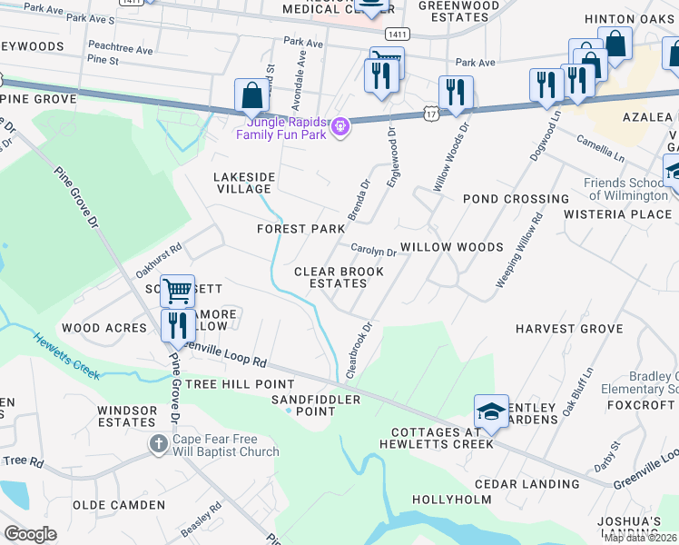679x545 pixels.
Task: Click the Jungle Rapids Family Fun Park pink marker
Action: point(340,126)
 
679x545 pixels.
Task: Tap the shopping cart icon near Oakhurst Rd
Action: point(177,292)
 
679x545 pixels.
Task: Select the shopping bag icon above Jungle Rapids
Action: point(251,95)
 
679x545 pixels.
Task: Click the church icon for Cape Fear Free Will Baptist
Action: point(158,444)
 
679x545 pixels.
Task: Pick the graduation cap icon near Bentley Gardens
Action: point(491,411)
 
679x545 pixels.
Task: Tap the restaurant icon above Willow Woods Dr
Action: point(455,93)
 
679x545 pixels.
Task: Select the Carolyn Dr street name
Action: point(373,252)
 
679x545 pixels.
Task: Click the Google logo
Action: point(30,533)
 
